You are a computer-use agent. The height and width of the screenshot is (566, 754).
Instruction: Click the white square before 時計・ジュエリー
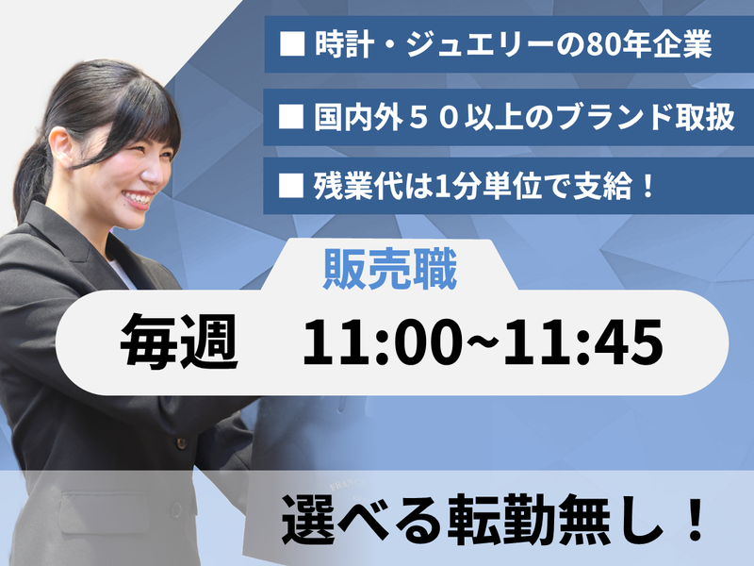tap(290, 45)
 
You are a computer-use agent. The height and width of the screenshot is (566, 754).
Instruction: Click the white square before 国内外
tap(292, 117)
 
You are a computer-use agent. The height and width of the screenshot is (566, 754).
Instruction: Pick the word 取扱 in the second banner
tap(698, 117)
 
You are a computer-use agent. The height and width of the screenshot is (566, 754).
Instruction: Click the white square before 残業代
tap(292, 186)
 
